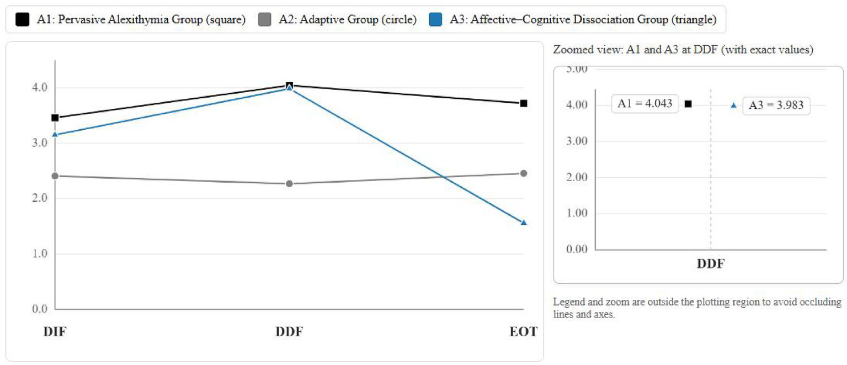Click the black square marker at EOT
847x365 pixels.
[524, 103]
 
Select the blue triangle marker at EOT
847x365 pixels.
[524, 223]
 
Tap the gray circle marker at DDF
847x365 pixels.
[289, 183]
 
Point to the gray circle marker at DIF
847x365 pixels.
[55, 176]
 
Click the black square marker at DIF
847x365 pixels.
[55, 118]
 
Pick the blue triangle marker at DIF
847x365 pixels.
[55, 134]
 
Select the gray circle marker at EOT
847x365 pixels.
[524, 173]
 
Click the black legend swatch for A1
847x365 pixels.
[22, 20]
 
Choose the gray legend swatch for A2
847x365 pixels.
[265, 20]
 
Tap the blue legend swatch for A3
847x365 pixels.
[436, 20]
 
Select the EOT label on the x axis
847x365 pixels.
[524, 332]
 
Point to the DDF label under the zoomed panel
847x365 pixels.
[710, 263]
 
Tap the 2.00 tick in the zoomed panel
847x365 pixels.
[577, 177]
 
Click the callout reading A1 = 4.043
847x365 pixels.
[645, 104]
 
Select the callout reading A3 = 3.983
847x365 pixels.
[776, 105]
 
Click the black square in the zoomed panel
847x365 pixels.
[688, 104]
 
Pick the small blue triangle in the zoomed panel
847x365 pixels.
[733, 105]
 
